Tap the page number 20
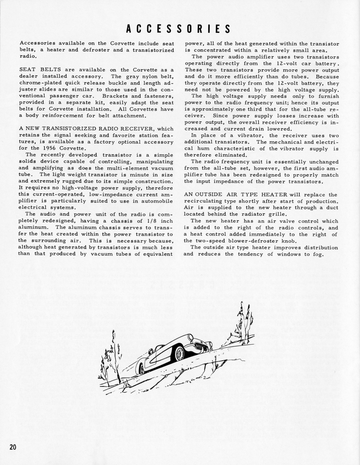coord(13,447)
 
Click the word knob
coord(288,240)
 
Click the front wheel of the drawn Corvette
coord(178,353)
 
